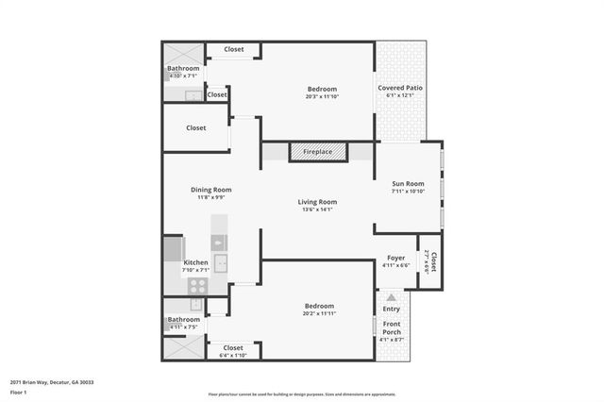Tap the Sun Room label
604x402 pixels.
[408, 183]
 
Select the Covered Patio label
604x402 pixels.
[400, 88]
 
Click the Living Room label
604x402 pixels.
[317, 202]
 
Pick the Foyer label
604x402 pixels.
[396, 258]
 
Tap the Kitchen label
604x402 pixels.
[195, 262]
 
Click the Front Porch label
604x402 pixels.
[391, 329]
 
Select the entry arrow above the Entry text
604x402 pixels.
[391, 296]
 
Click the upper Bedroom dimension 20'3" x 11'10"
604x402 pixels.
[322, 95]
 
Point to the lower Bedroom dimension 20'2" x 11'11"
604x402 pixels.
[320, 312]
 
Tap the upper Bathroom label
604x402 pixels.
[183, 68]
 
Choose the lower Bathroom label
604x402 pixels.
[183, 319]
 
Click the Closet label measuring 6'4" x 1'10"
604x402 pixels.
[233, 348]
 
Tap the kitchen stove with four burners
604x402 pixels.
[197, 304]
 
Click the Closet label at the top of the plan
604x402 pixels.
[233, 49]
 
